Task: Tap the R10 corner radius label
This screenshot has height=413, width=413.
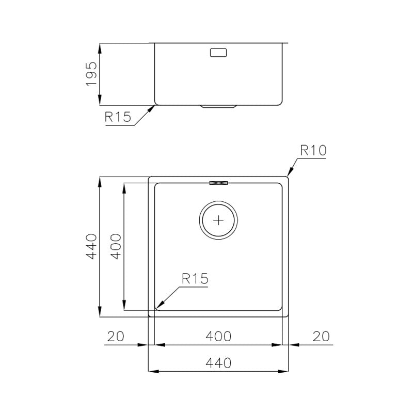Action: tap(313, 151)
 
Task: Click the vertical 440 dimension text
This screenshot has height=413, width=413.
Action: tap(91, 247)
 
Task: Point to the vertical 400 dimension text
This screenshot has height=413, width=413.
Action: tap(116, 247)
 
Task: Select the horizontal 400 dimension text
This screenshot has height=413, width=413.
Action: tap(218, 336)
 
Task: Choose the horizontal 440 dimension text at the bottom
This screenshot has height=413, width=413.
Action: tap(218, 362)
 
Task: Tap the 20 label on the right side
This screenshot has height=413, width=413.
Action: tap(322, 336)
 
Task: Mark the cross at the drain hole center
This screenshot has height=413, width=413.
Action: tap(219, 220)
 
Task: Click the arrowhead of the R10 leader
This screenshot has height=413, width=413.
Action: tap(289, 175)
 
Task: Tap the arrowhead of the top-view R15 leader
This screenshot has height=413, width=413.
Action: tap(158, 307)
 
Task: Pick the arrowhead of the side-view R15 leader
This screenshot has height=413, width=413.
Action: tap(153, 107)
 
